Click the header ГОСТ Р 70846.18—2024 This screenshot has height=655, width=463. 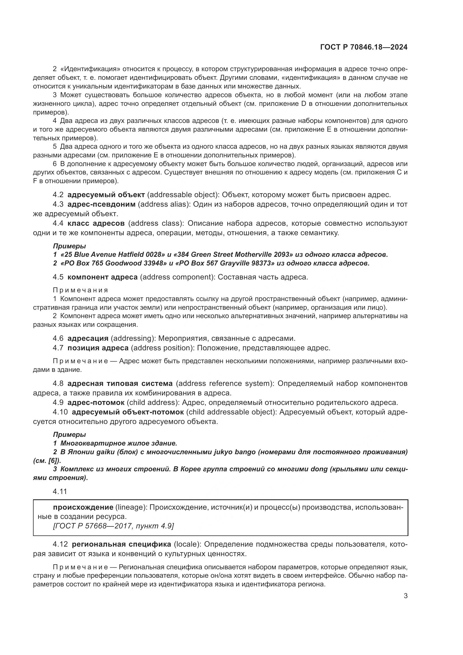click(364, 47)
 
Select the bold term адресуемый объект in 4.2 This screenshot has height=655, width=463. click(106, 195)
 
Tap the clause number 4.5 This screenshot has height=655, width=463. click(58, 277)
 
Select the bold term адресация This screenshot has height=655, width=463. click(88, 338)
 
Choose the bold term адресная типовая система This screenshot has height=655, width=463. click(120, 383)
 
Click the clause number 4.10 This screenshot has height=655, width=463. click(60, 412)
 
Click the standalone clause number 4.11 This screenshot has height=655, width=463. click(60, 491)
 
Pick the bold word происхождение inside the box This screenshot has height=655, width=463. click(83, 507)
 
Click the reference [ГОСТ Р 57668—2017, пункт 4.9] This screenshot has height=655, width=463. click(113, 526)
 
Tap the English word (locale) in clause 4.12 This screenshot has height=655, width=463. click(186, 544)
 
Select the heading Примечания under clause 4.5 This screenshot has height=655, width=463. click(80, 290)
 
